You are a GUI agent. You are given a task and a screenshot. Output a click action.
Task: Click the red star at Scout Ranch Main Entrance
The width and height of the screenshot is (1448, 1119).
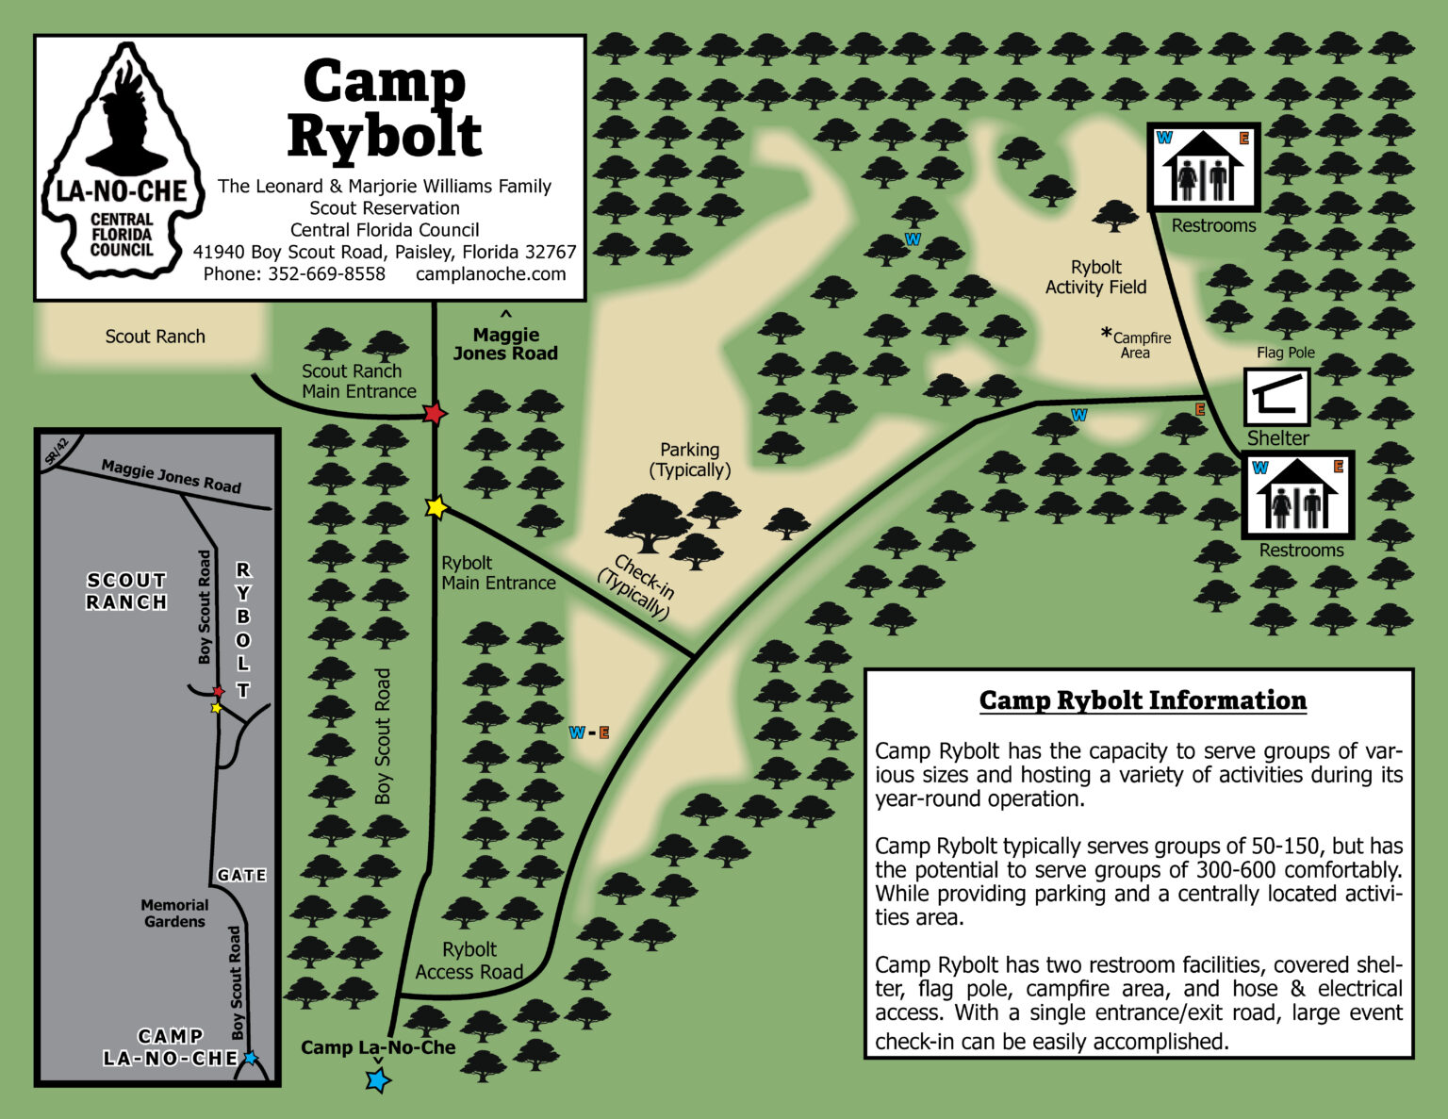pos(434,413)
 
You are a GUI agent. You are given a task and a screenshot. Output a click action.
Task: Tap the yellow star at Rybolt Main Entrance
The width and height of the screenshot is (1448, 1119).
pos(436,507)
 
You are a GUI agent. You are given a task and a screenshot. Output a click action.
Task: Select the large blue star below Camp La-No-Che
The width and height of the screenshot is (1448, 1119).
pos(378,1079)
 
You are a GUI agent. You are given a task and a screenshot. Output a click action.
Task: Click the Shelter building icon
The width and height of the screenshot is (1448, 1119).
pos(1277,397)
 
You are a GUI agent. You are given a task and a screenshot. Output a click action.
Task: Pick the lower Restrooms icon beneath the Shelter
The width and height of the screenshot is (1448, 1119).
pos(1297,495)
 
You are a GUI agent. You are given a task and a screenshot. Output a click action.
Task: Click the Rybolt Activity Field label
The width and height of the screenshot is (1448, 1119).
pos(1095,277)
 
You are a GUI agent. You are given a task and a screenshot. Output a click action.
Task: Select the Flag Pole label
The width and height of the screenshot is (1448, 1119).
pos(1285,353)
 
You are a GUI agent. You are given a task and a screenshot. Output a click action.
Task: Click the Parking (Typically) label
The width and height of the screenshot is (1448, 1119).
pos(690,460)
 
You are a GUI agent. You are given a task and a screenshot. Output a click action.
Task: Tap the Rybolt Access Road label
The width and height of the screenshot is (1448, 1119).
pos(469,961)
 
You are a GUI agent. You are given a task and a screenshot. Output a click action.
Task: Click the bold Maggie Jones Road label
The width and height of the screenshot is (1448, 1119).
pos(505,344)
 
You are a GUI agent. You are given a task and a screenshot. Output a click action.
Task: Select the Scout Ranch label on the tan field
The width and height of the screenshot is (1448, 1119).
pos(155,337)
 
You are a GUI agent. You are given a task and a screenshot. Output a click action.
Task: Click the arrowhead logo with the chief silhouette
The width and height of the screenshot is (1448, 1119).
pos(122,162)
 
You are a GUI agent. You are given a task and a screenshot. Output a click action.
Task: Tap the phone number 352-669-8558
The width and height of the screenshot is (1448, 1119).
pos(326,274)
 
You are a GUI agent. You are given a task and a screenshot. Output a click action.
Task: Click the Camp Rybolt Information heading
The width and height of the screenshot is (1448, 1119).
pos(1143,700)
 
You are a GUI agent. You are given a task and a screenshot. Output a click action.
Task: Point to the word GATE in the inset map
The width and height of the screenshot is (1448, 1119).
pos(241,875)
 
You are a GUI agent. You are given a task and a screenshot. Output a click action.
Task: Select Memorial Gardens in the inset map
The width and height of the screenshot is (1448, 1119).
pos(174,913)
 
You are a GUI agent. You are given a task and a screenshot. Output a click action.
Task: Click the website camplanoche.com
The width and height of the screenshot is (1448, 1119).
pos(490,274)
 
